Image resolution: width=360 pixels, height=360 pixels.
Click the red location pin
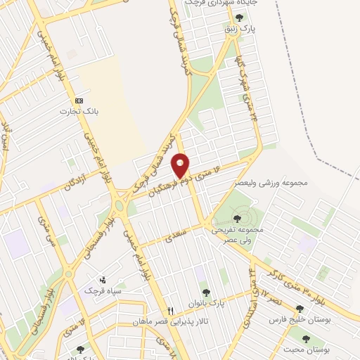pos(181,166)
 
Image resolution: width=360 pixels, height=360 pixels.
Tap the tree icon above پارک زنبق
pos(240,18)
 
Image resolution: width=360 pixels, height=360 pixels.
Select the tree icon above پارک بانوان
pos(205,292)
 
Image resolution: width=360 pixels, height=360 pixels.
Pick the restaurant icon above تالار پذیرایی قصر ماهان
pos(170,310)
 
